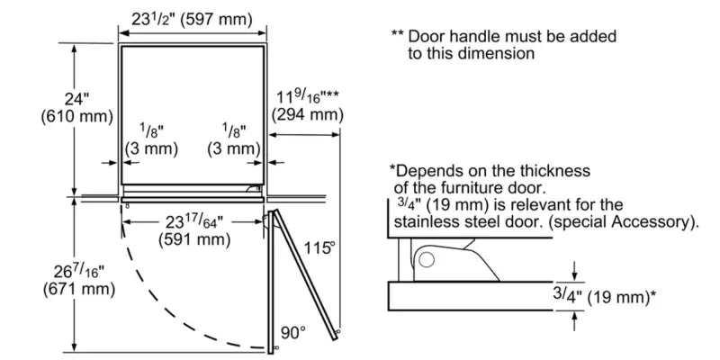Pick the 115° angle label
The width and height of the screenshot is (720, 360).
[319, 246]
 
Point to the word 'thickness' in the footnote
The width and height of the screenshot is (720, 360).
[557, 170]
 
